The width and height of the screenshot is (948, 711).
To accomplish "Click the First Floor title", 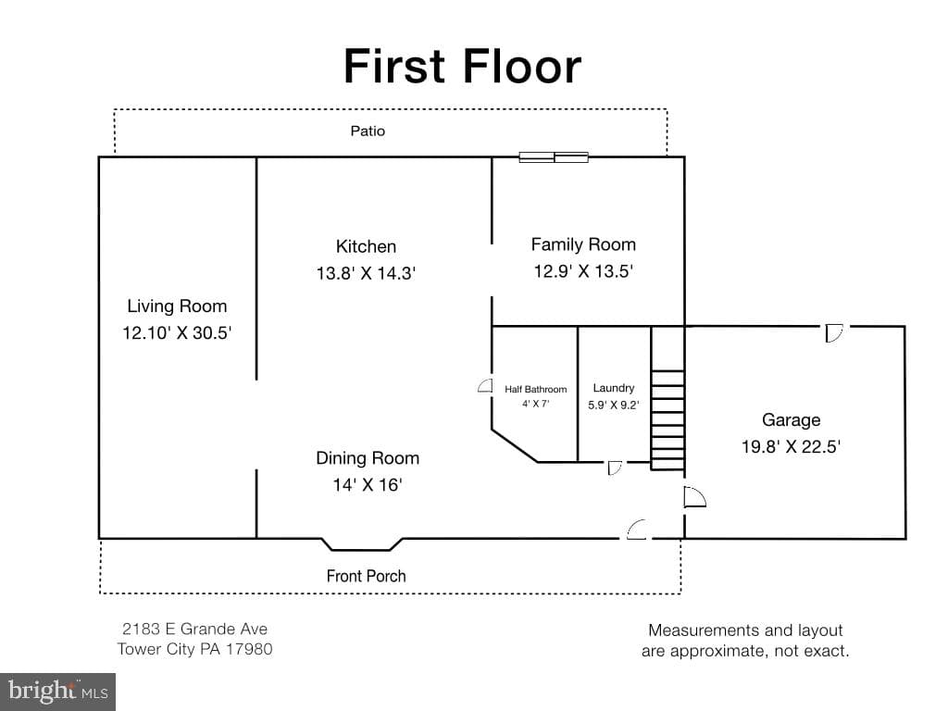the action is pyautogui.click(x=463, y=66).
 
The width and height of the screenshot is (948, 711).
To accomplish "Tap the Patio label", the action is pyautogui.click(x=368, y=131).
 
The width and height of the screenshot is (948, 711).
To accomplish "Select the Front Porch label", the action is pyautogui.click(x=366, y=576).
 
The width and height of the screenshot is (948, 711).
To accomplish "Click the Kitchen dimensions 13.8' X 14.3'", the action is pyautogui.click(x=366, y=273).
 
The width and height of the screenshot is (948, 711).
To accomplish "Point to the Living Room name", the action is pyautogui.click(x=177, y=306).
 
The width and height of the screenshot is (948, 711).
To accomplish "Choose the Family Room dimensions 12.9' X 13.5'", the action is pyautogui.click(x=583, y=271).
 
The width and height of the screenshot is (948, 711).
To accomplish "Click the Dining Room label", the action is pyautogui.click(x=368, y=457).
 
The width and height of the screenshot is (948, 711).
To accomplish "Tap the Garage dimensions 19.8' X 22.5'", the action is pyautogui.click(x=792, y=447).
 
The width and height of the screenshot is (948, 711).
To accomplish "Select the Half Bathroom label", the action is pyautogui.click(x=536, y=390).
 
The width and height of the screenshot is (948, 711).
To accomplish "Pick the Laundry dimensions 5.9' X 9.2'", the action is pyautogui.click(x=614, y=405).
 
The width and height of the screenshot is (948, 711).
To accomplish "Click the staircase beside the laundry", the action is pyautogui.click(x=667, y=398).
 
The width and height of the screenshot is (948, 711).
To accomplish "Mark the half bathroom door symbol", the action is pyautogui.click(x=485, y=386).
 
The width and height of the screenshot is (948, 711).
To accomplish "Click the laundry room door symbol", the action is pyautogui.click(x=615, y=468).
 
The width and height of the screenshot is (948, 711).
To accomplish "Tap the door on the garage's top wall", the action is pyautogui.click(x=834, y=333).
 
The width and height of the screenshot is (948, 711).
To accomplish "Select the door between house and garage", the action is pyautogui.click(x=694, y=497).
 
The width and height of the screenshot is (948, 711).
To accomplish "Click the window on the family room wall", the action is pyautogui.click(x=554, y=157).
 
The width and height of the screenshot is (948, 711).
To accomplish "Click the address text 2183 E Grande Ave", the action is pyautogui.click(x=194, y=629).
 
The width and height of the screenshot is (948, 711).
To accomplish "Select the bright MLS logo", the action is pyautogui.click(x=58, y=692).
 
